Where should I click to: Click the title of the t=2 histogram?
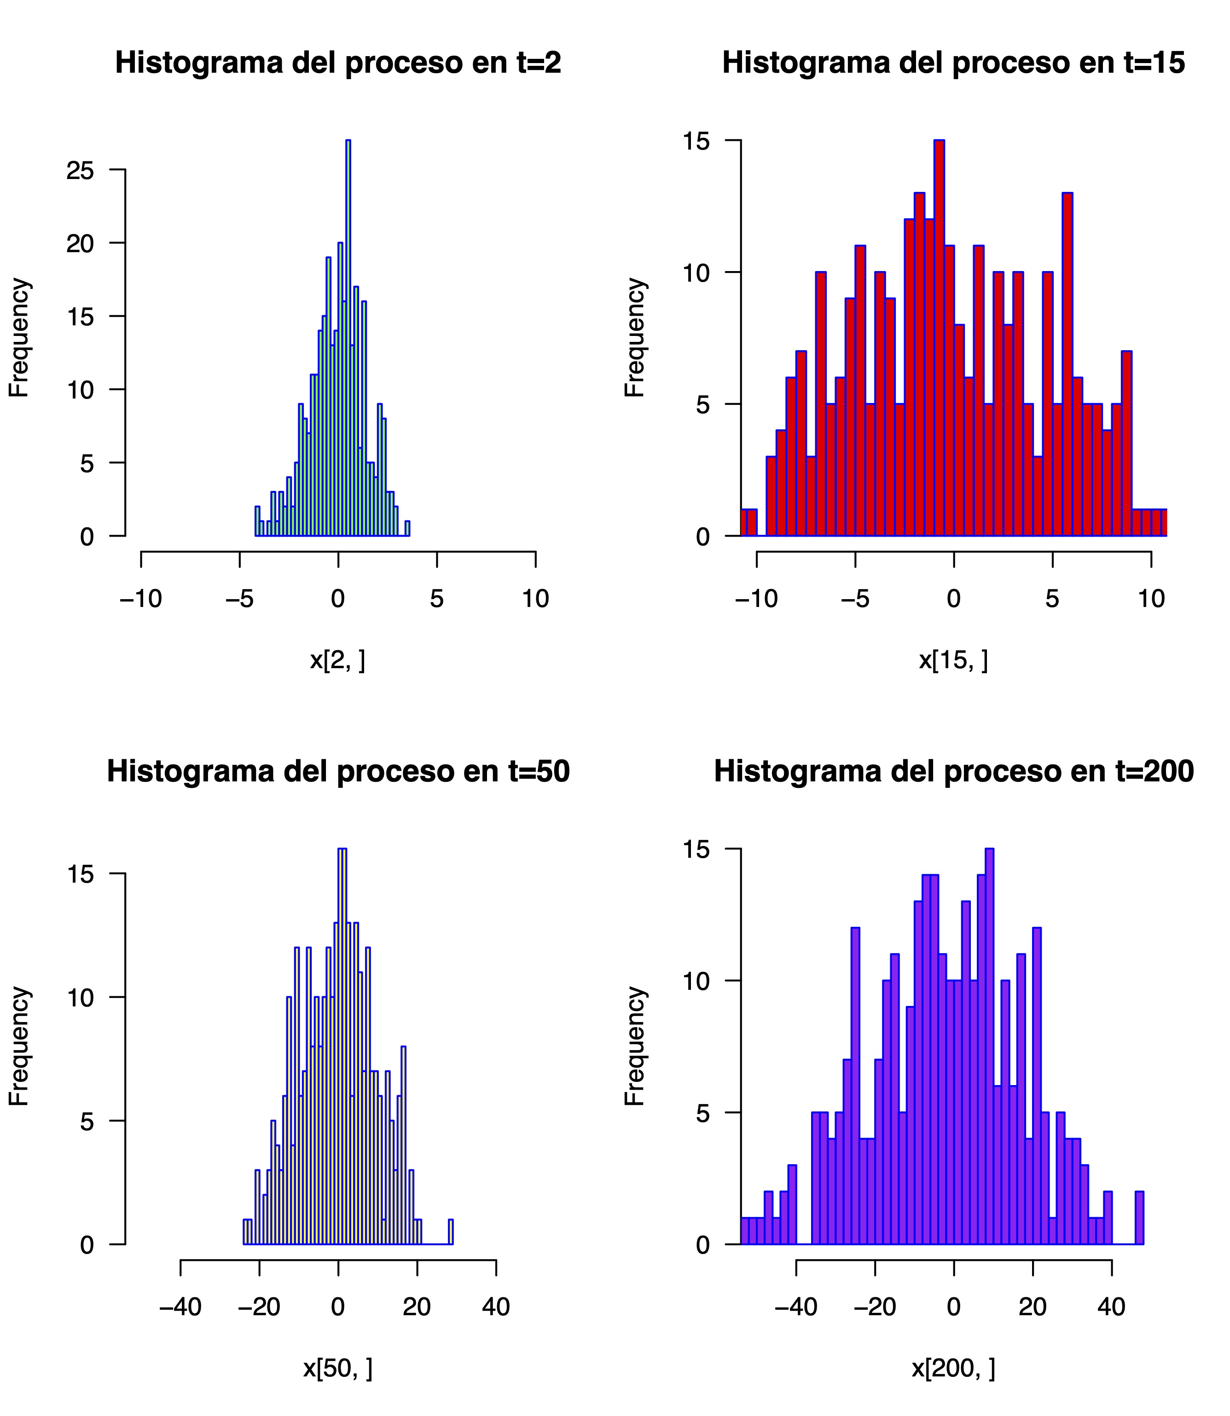(338, 63)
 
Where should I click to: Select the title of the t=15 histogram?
(953, 63)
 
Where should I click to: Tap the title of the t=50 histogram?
(338, 772)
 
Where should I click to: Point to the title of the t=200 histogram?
(953, 772)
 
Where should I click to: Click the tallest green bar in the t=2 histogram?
(348, 343)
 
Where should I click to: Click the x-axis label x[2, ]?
(338, 660)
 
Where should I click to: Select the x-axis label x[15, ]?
(953, 660)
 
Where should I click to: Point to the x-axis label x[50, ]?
(338, 1368)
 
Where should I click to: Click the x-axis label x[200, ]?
(953, 1368)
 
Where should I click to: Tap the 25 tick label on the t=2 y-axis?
(80, 170)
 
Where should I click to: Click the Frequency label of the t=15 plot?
(635, 337)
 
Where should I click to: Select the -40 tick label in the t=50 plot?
(180, 1307)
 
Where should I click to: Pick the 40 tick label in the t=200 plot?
(1111, 1307)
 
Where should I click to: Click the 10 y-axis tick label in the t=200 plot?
(696, 981)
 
